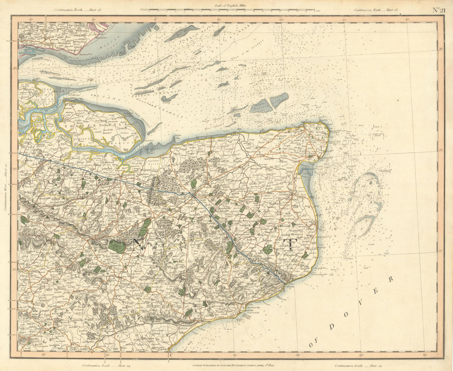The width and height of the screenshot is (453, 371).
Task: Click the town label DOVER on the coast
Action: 290,287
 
